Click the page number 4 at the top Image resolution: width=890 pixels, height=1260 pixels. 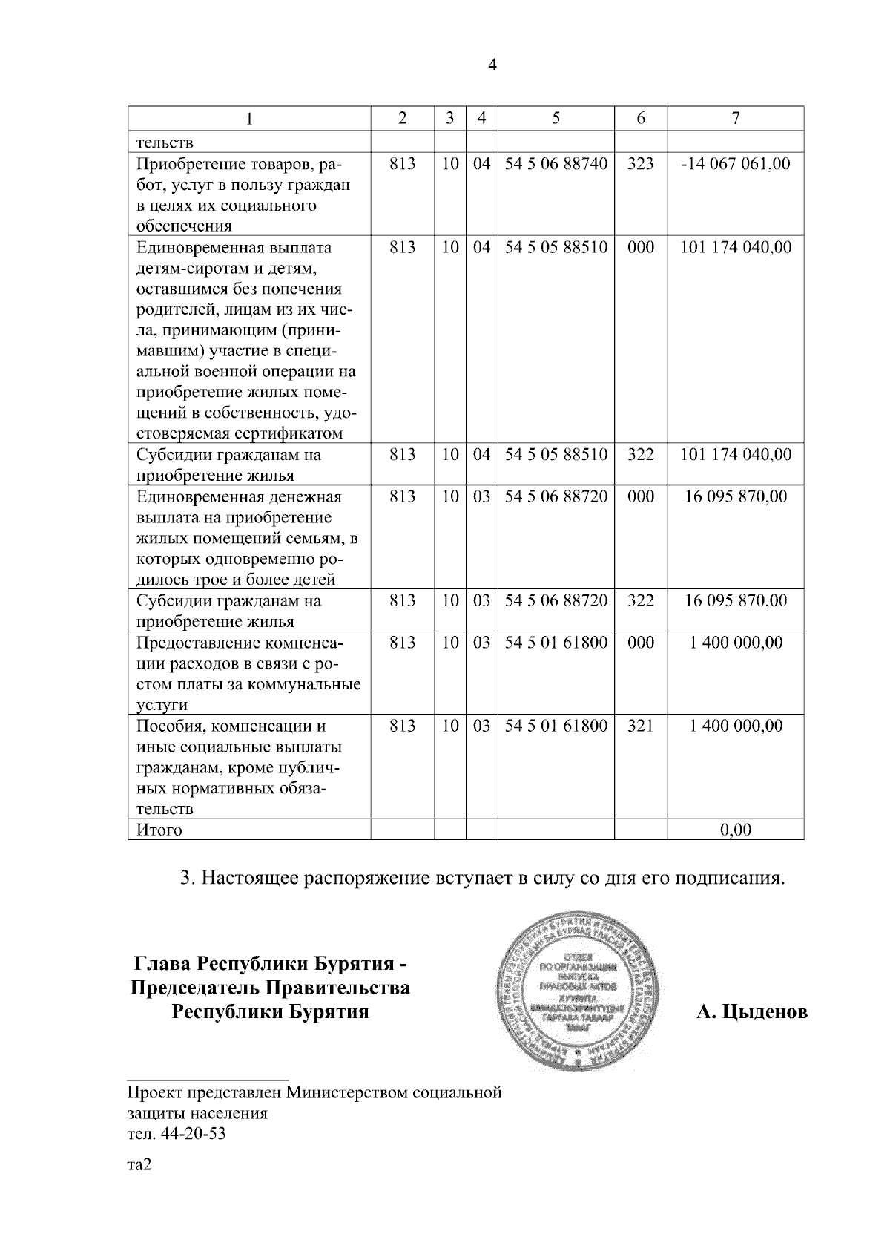(x=492, y=65)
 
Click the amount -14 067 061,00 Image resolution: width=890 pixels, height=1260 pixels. (x=736, y=164)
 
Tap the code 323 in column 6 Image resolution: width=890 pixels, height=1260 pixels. (x=641, y=164)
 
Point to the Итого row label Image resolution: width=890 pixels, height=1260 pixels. (x=159, y=830)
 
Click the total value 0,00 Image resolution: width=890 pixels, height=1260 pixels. (x=736, y=830)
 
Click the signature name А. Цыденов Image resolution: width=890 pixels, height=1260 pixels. (x=752, y=1012)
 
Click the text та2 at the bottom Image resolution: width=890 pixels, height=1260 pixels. (x=139, y=1165)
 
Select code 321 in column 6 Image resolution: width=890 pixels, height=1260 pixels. (x=641, y=726)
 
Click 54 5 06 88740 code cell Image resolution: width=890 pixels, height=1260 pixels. (x=556, y=164)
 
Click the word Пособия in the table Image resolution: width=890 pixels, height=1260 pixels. (x=163, y=726)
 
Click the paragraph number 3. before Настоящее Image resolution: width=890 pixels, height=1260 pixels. (x=188, y=879)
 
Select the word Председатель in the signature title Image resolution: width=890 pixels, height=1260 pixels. (x=194, y=988)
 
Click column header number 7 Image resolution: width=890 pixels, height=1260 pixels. (x=735, y=118)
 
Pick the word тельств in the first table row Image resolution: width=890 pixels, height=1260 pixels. (x=165, y=142)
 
